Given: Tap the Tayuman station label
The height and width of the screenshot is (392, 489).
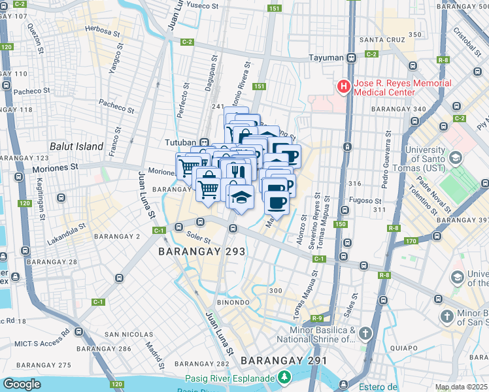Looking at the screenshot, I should pos(327,57).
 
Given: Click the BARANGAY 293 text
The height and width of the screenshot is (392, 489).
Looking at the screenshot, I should pos(202,251).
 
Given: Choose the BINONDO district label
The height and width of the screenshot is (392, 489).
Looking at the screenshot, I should pos(233,302).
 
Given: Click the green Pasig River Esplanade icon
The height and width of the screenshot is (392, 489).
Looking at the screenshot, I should pos(284,377).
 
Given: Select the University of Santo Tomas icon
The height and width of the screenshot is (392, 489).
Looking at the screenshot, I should pos(455,157).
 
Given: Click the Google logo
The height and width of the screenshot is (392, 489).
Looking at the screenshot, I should pos(22,384).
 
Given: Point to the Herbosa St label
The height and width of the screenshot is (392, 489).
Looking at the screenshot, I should pos(103,31).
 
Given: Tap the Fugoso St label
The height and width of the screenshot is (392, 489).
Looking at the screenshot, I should pos(368,201).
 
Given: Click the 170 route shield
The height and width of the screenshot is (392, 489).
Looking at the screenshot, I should pos(410,241).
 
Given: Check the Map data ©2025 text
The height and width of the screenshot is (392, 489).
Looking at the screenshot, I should pos(461,387).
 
